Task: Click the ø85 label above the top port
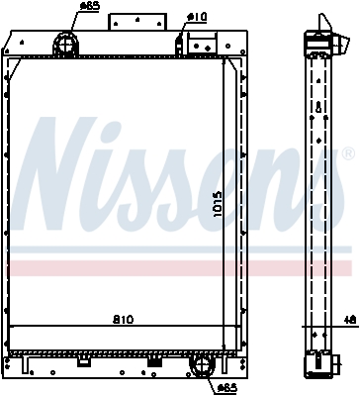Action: point(89,6)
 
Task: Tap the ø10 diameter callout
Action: point(197,16)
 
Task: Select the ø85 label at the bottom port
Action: point(225,387)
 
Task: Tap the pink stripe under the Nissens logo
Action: point(178,268)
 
